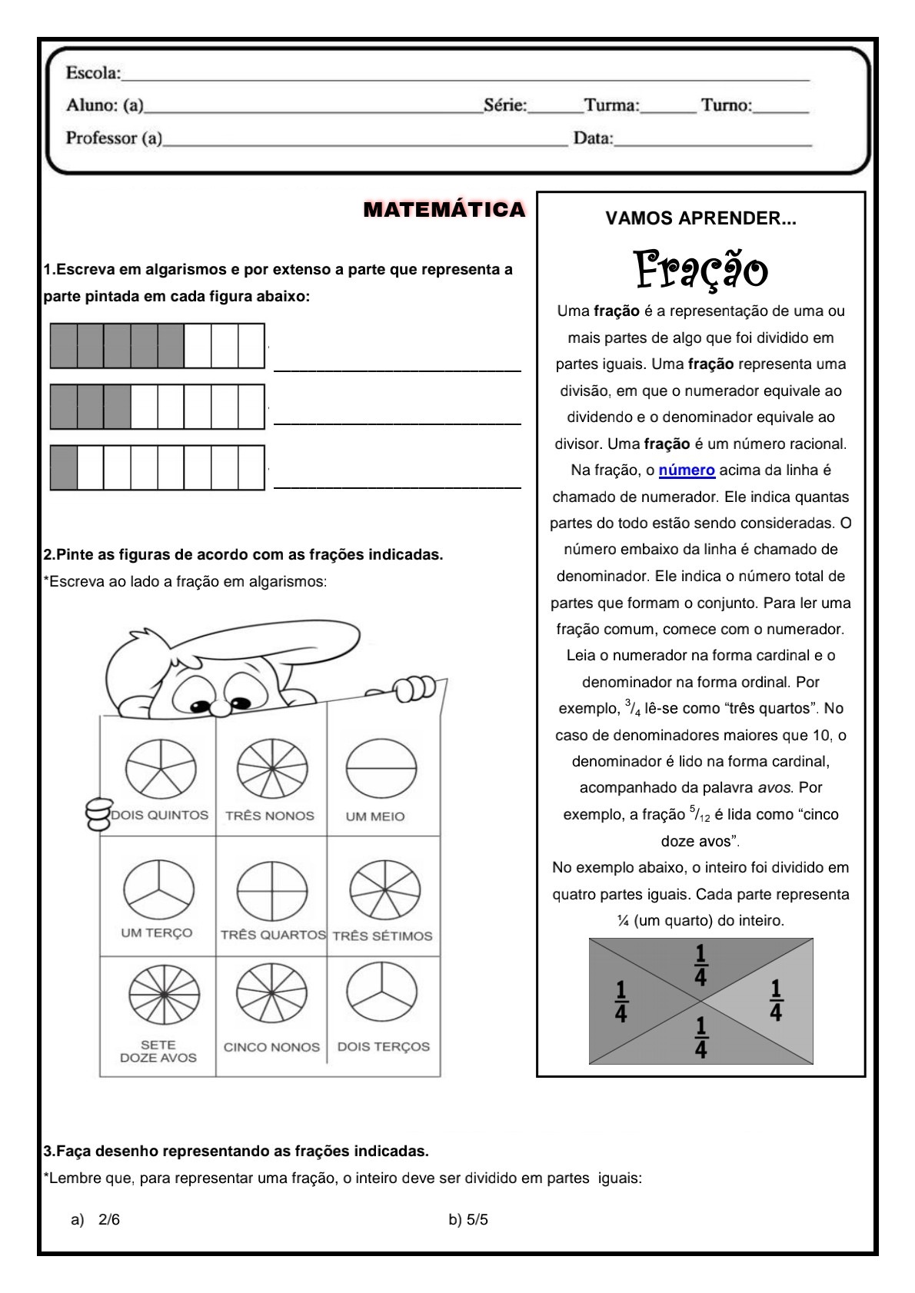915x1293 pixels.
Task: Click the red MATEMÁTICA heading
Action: [444, 209]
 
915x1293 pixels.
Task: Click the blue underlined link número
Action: [687, 470]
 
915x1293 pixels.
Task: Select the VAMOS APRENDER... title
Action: [700, 218]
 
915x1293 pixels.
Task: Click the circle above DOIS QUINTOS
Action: [161, 768]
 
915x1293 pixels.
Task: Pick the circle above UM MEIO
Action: [381, 768]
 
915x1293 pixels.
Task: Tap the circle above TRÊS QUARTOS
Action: [271, 891]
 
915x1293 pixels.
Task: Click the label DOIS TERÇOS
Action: [383, 1046]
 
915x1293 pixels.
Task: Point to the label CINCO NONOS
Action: [271, 1047]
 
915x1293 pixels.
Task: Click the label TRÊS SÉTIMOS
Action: [382, 936]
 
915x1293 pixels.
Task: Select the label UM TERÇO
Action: [156, 932]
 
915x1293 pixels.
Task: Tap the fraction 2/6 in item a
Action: [109, 1220]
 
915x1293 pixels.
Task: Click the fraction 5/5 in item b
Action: [477, 1220]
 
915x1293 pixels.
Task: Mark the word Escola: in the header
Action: [93, 73]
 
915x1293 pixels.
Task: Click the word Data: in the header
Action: [593, 138]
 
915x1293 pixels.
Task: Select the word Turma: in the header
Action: [611, 105]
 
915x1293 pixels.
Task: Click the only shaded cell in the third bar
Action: [64, 467]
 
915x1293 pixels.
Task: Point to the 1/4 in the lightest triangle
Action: [775, 1000]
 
